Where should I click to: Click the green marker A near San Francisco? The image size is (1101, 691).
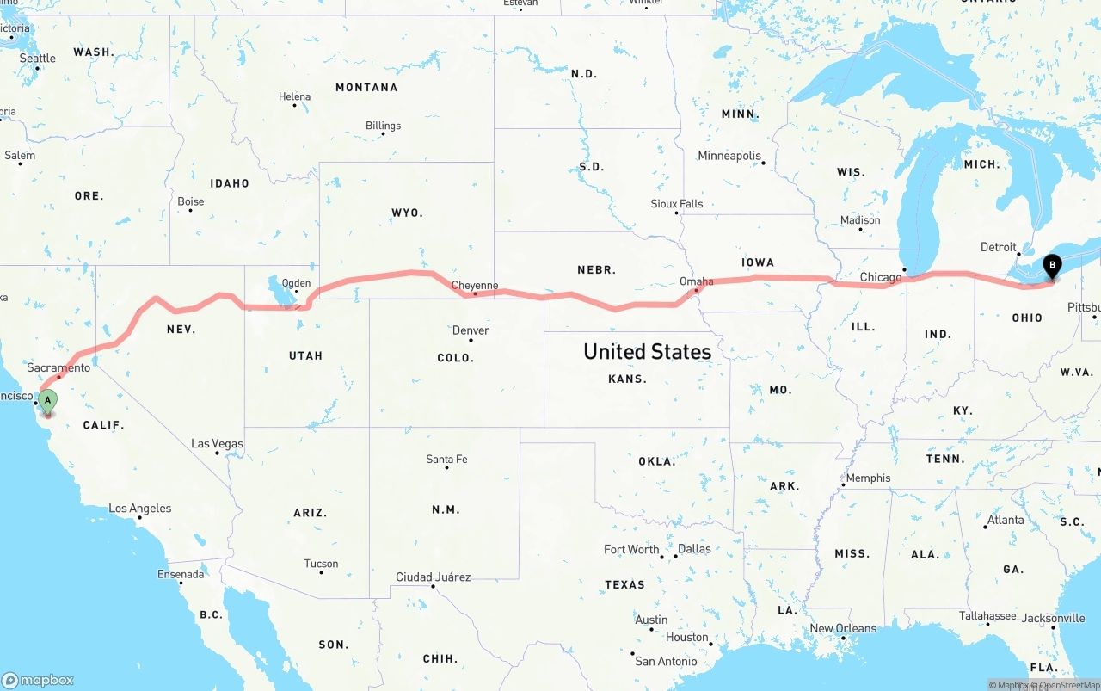pyautogui.click(x=48, y=400)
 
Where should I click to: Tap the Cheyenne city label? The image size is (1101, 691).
pyautogui.click(x=475, y=285)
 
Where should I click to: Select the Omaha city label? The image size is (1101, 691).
pyautogui.click(x=697, y=281)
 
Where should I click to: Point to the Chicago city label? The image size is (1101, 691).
pyautogui.click(x=881, y=277)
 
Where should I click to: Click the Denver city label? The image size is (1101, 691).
pyautogui.click(x=471, y=330)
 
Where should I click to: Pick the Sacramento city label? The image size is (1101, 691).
pyautogui.click(x=58, y=367)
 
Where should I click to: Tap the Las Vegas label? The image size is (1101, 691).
pyautogui.click(x=217, y=444)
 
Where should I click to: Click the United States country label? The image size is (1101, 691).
pyautogui.click(x=647, y=351)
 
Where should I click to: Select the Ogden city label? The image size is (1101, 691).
pyautogui.click(x=296, y=283)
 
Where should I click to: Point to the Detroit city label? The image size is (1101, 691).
pyautogui.click(x=999, y=247)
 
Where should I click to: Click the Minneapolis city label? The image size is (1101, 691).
pyautogui.click(x=729, y=156)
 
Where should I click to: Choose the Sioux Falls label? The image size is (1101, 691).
pyautogui.click(x=677, y=204)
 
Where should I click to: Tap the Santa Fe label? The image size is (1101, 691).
pyautogui.click(x=446, y=460)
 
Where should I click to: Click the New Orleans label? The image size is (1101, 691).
pyautogui.click(x=843, y=628)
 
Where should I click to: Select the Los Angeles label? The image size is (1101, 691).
pyautogui.click(x=139, y=509)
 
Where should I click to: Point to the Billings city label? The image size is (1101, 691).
pyautogui.click(x=383, y=126)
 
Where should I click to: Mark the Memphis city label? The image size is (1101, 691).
pyautogui.click(x=868, y=478)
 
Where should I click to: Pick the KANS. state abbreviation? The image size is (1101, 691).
pyautogui.click(x=627, y=379)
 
